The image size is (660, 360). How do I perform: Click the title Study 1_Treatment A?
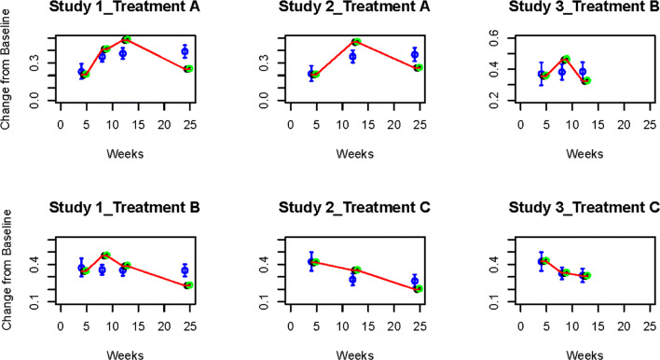point(126,9)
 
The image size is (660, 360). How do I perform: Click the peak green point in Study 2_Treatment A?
point(356,42)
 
